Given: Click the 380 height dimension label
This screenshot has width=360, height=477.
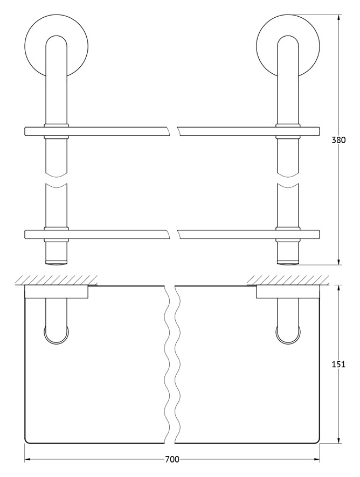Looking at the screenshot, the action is coord(338,140).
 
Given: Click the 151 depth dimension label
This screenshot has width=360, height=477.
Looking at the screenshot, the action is coord(338,364).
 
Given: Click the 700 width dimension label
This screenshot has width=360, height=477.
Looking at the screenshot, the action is coord(172,468).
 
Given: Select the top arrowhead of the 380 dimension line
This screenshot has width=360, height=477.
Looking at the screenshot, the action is coord(338,18).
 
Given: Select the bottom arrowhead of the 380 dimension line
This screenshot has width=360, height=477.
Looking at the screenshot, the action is coord(338,261).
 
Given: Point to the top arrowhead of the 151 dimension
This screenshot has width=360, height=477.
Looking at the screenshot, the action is coord(338,289).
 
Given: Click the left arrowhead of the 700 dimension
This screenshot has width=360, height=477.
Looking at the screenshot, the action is coord(29,467).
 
